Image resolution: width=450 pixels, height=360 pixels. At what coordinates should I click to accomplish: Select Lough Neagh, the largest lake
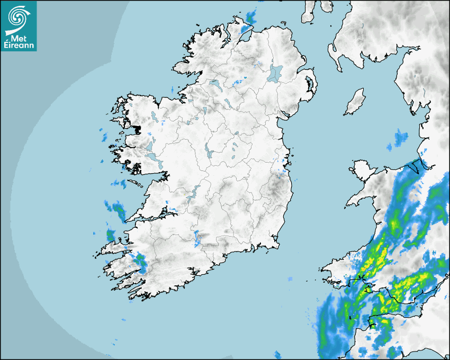275,73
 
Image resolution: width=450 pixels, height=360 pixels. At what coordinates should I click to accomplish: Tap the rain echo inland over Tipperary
197,238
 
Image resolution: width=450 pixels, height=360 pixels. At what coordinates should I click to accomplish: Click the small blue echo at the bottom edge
277,354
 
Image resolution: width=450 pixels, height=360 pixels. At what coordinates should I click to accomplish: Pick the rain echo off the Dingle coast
112,235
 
